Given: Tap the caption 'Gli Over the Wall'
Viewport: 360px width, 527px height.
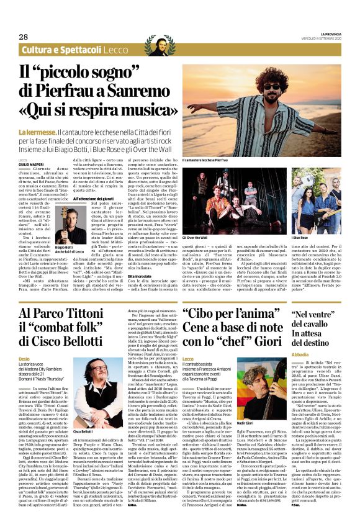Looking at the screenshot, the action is click(x=196, y=237).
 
